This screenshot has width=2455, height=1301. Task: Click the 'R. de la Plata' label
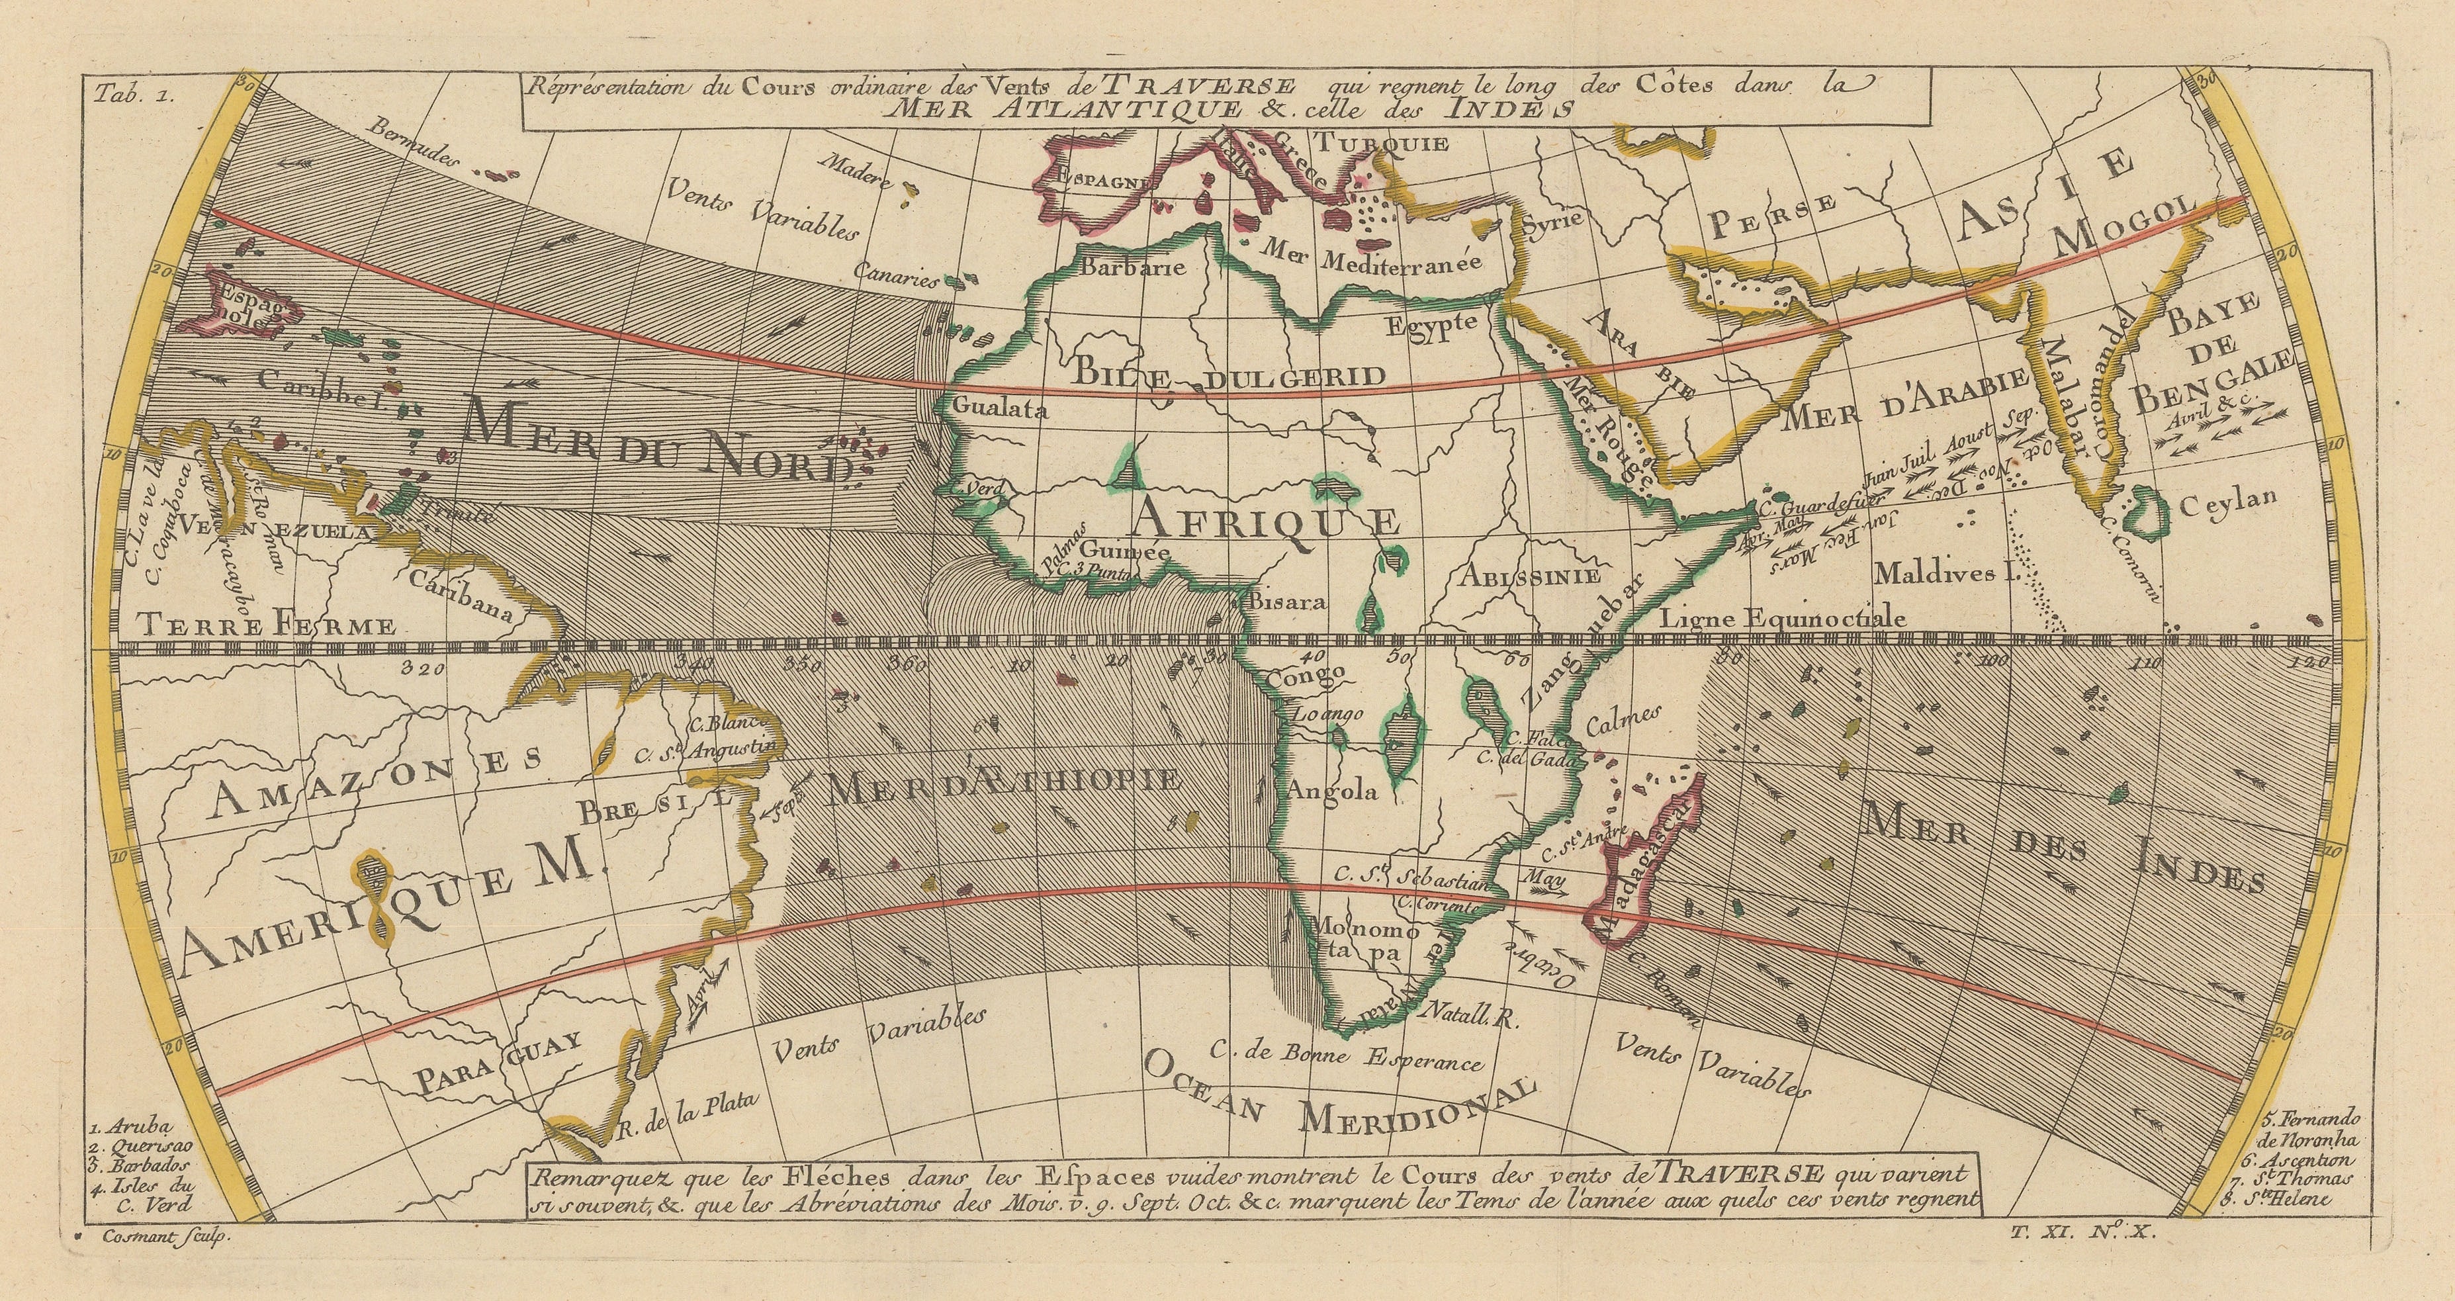(684, 1116)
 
